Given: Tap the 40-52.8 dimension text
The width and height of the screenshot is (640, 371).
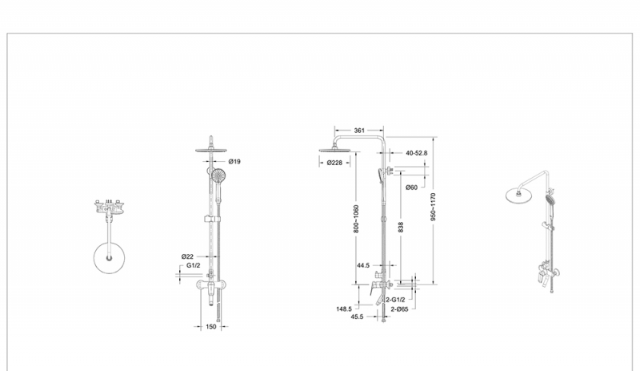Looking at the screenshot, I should (x=416, y=152).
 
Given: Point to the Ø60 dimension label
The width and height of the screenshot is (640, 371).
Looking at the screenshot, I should (x=411, y=188).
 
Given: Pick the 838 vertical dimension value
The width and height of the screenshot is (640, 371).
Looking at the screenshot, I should (x=400, y=228).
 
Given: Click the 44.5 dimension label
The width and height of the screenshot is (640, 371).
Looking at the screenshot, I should (x=364, y=264).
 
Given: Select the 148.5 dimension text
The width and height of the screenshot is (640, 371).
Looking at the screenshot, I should (x=344, y=307).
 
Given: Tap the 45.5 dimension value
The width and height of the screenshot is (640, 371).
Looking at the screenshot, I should (x=357, y=317).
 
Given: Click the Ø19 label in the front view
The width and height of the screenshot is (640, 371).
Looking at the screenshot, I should (x=234, y=161).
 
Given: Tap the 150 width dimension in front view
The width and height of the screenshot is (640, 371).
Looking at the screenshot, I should (x=211, y=326).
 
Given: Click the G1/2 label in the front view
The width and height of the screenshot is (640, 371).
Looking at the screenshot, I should (x=193, y=265).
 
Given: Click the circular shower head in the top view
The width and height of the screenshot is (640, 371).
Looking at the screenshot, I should (x=106, y=258).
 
